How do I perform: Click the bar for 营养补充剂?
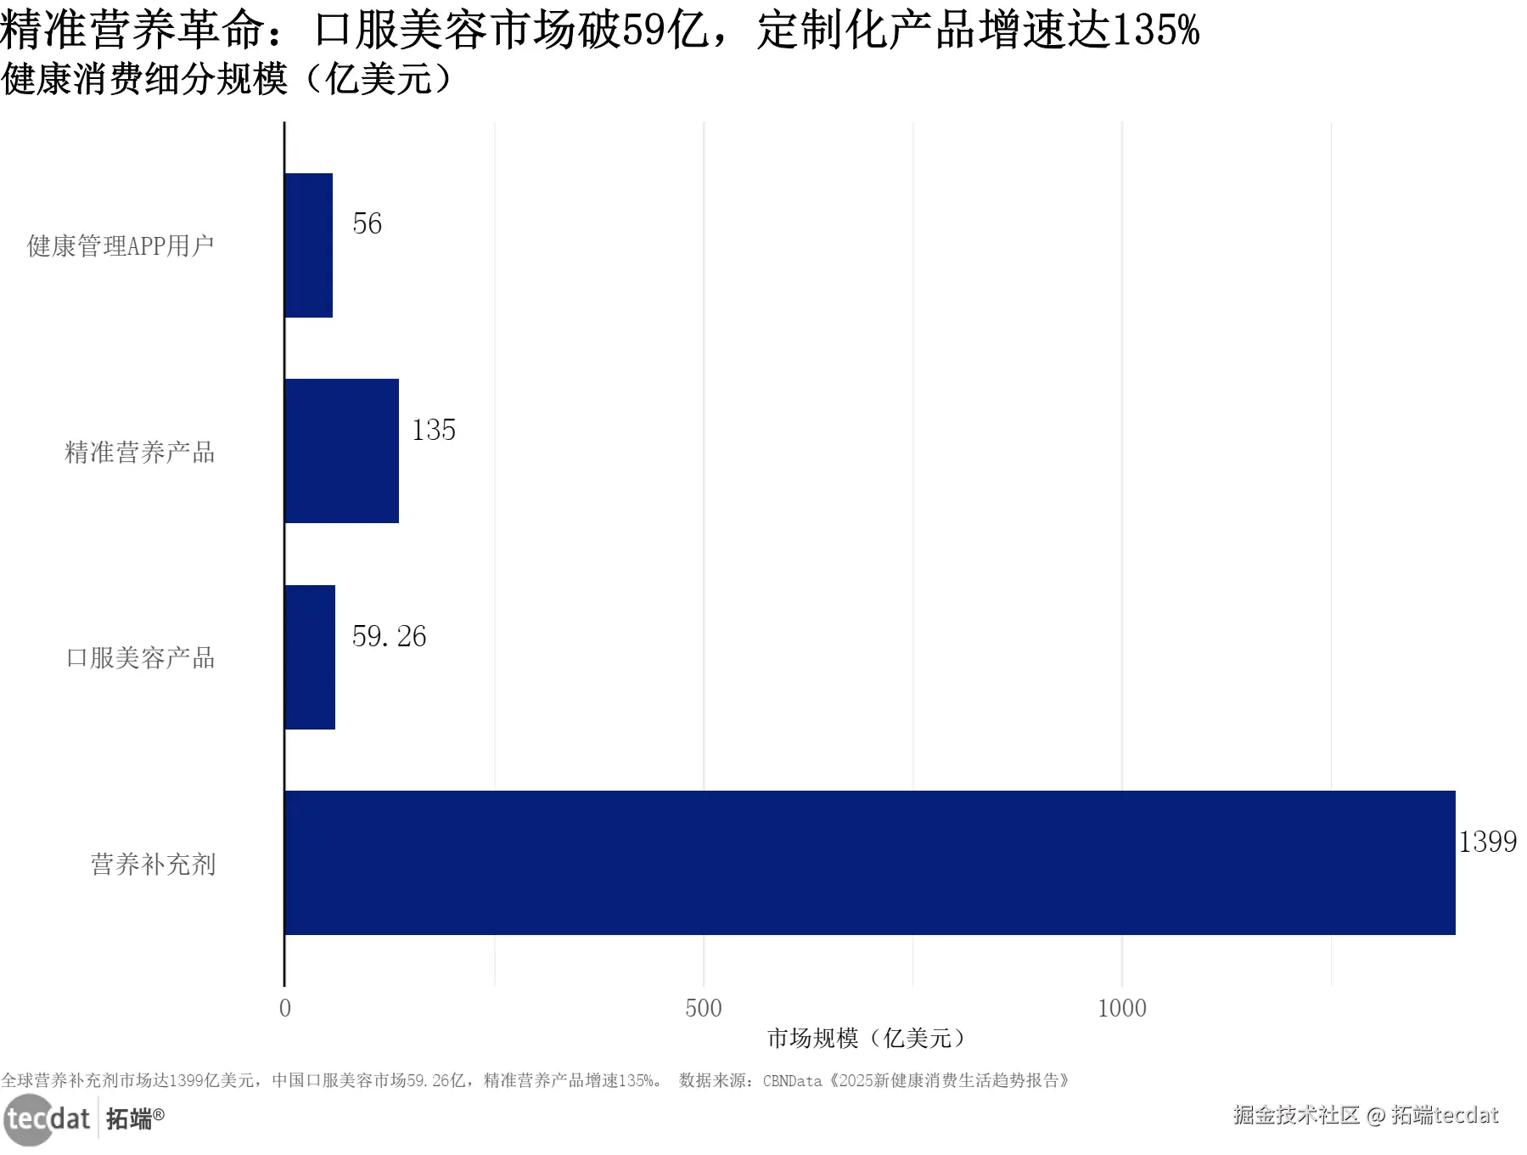coord(869,862)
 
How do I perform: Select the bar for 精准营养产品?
coord(341,451)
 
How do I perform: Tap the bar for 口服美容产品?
coord(310,656)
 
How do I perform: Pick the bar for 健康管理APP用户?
coord(308,245)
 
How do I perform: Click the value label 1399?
coord(1487,842)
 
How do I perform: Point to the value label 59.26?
coord(389,636)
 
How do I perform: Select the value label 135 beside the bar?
coord(433,430)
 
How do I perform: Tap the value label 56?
coord(367,223)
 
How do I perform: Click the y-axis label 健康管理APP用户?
coord(121,245)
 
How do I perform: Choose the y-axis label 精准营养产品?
coord(140,452)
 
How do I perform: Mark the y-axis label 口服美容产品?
coord(140,657)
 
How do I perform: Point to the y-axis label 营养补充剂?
coord(153,864)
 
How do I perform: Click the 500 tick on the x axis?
coord(703,1008)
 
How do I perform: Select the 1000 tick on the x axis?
coord(1121,1008)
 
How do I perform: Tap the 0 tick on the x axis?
coord(285,1008)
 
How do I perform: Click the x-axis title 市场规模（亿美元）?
coord(866,1038)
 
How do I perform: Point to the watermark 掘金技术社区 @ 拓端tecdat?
coord(1365,1114)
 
